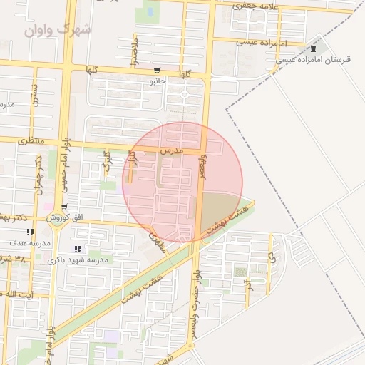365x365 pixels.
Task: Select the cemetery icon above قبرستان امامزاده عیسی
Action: [313, 48]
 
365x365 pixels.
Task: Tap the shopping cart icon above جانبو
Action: [156, 71]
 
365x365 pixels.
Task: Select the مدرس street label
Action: [172, 151]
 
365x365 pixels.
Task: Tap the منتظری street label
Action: [30, 141]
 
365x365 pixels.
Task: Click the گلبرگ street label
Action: [106, 161]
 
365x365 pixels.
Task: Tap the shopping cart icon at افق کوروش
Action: [64, 208]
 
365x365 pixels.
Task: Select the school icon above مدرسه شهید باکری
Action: [78, 250]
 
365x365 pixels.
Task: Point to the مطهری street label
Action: [158, 243]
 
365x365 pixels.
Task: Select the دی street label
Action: [270, 251]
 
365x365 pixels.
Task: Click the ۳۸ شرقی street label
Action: [13, 258]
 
